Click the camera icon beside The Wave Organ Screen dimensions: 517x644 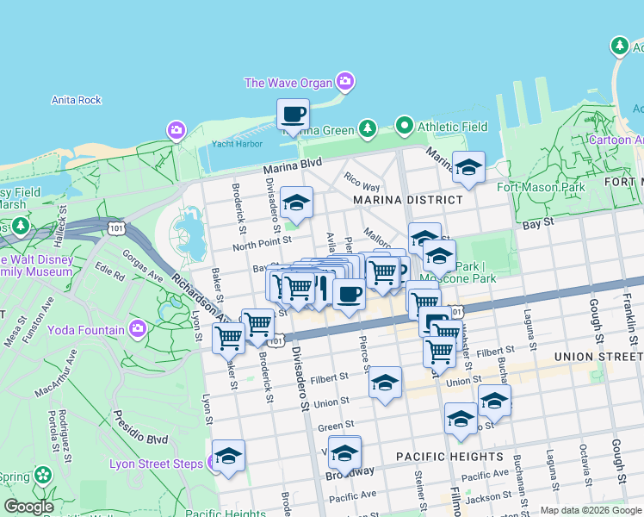[345, 83]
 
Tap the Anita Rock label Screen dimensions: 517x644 [77, 100]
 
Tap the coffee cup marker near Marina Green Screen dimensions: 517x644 [293, 115]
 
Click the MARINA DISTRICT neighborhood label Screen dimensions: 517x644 [407, 200]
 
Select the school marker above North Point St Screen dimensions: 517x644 [296, 203]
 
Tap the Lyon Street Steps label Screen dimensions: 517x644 [156, 464]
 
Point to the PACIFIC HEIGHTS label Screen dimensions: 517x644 [449, 456]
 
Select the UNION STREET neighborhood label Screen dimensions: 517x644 [598, 356]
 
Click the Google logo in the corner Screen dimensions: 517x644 [29, 507]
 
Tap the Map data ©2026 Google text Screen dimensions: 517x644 [590, 510]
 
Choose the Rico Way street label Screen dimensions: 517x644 [362, 186]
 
